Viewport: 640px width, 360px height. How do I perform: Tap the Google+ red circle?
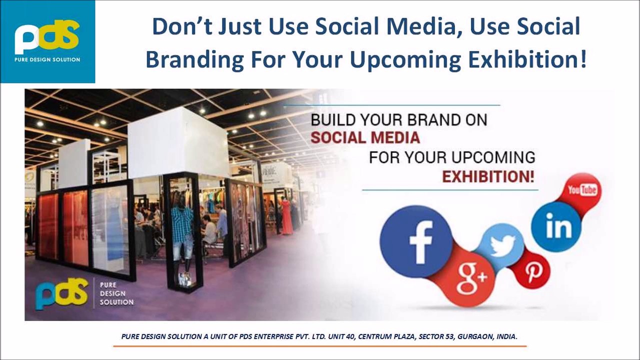468,278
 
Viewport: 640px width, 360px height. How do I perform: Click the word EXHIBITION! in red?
487,176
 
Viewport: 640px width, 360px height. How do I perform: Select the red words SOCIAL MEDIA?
365,137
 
